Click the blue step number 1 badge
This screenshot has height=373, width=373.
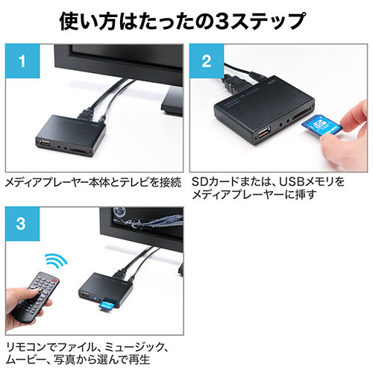tap(22, 61)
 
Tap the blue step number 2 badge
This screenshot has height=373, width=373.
tap(207, 61)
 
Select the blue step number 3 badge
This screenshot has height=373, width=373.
tap(22, 224)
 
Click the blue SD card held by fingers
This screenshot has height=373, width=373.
tap(322, 125)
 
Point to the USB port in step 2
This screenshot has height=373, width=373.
tap(264, 133)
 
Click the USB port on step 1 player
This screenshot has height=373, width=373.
tap(44, 143)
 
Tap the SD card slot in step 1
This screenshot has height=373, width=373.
tap(79, 151)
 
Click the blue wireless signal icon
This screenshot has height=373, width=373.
tap(57, 260)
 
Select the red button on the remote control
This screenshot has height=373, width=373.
tap(54, 281)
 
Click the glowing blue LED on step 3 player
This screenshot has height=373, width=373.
tap(95, 298)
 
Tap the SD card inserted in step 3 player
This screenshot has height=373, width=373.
tap(107, 304)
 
